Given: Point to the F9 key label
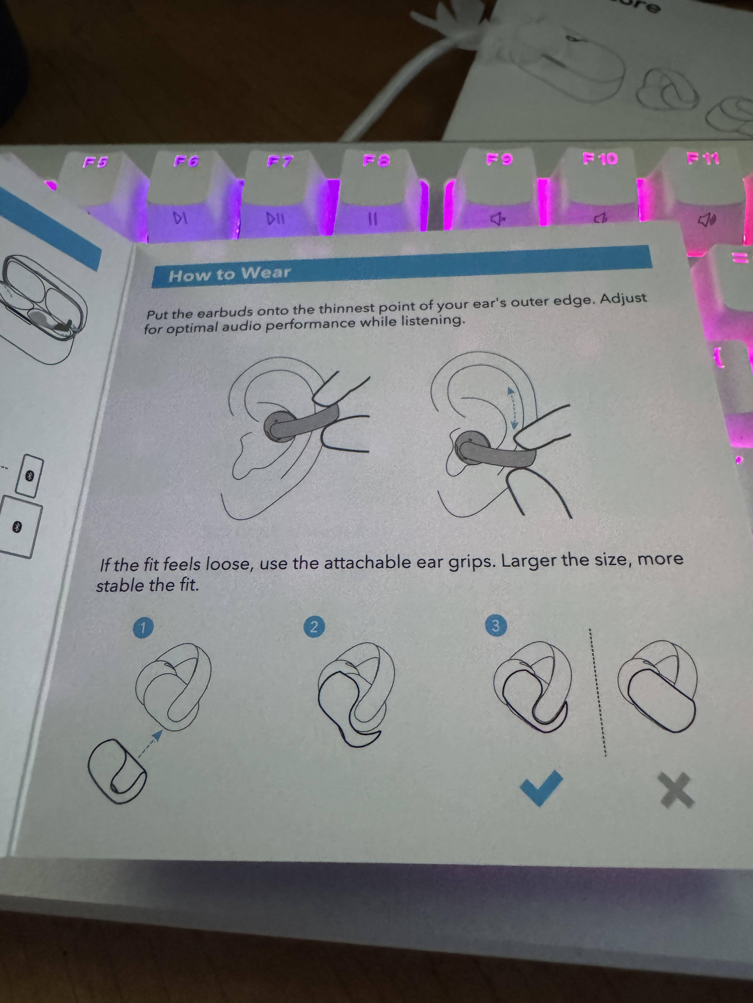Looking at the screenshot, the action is [x=499, y=159].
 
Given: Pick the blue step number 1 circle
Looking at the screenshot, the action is [x=142, y=628].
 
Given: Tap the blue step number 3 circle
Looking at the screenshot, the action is [x=495, y=626].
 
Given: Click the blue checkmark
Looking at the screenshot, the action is [x=542, y=789].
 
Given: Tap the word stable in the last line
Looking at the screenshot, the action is [x=120, y=585].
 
